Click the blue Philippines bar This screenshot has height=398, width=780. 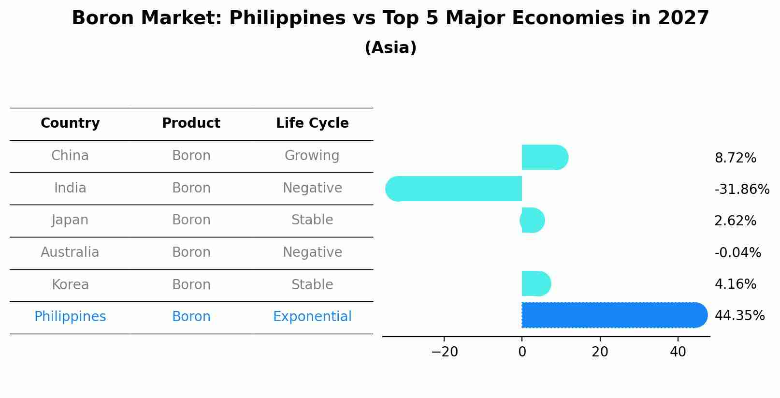pyautogui.click(x=614, y=315)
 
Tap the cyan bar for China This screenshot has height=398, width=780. pyautogui.click(x=544, y=157)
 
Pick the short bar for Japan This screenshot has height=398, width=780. pyautogui.click(x=533, y=221)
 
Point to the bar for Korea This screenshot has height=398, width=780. pyautogui.click(x=535, y=283)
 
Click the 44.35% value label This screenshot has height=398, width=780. pyautogui.click(x=739, y=316)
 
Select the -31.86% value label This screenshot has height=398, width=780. pyautogui.click(x=742, y=189)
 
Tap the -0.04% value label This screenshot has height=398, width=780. pyautogui.click(x=737, y=252)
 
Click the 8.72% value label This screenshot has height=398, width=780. pyautogui.click(x=735, y=158)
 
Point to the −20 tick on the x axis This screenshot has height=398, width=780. pyautogui.click(x=444, y=352)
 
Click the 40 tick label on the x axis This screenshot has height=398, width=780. pyautogui.click(x=678, y=352)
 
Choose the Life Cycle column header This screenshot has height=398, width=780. pyautogui.click(x=312, y=123)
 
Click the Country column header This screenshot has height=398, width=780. pyautogui.click(x=70, y=123)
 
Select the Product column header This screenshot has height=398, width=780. pyautogui.click(x=191, y=123)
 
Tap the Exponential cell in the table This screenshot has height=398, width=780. pyautogui.click(x=312, y=317)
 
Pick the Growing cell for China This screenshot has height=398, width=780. pyautogui.click(x=312, y=156)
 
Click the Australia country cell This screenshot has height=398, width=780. pyautogui.click(x=70, y=252)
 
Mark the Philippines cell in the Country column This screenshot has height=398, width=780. pyautogui.click(x=70, y=317)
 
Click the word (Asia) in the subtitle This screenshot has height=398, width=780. pyautogui.click(x=390, y=48)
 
